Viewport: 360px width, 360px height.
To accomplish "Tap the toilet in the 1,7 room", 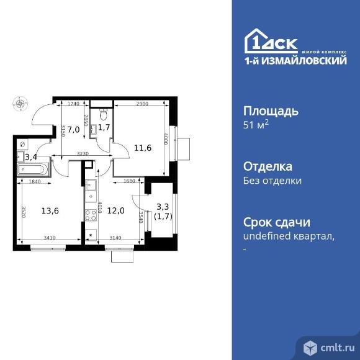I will point(104,114).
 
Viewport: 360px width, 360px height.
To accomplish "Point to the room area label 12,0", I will point(115,209).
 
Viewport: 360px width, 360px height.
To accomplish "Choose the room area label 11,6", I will point(143,147).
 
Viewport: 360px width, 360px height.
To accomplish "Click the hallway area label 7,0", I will point(73,130).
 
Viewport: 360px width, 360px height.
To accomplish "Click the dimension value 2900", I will point(142,104).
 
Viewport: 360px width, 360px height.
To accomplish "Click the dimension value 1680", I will point(129,181).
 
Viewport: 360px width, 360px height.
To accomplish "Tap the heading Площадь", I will point(270,112).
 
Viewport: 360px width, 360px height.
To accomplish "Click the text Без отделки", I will point(272,181).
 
